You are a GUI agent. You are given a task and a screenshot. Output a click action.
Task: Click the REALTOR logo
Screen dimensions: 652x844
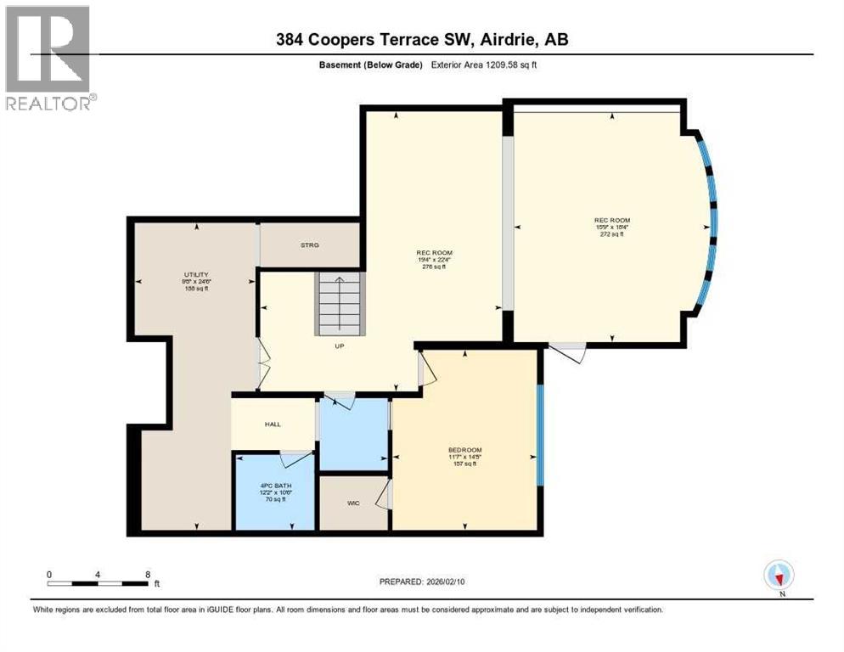(x=48, y=58)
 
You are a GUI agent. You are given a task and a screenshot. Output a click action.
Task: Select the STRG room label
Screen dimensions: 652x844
(x=309, y=245)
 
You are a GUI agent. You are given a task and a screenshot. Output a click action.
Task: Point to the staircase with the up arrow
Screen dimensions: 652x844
(x=340, y=303)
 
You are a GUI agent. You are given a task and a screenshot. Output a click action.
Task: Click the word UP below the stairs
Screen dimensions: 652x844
(x=339, y=346)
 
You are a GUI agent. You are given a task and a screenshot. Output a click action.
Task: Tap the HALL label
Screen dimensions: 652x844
(x=272, y=424)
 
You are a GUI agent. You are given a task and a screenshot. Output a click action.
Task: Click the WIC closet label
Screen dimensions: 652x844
(x=353, y=503)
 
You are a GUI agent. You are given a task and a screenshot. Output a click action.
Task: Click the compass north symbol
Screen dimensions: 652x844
(x=778, y=576)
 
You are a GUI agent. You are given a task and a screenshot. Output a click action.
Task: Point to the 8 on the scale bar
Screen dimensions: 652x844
(x=148, y=574)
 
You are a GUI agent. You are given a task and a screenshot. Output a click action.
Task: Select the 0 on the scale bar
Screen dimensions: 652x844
(x=49, y=574)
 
